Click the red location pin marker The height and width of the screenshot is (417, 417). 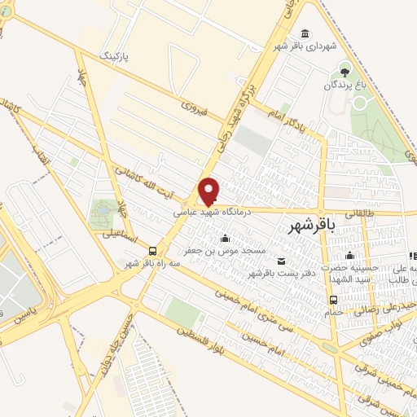(209, 191)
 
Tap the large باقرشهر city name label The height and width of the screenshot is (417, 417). (313, 228)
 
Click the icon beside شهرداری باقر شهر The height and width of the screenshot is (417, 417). (305, 33)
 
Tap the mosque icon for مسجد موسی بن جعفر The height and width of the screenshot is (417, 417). (226, 237)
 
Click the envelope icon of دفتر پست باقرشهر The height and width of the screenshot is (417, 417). (281, 261)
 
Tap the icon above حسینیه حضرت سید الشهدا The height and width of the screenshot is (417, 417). (349, 255)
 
